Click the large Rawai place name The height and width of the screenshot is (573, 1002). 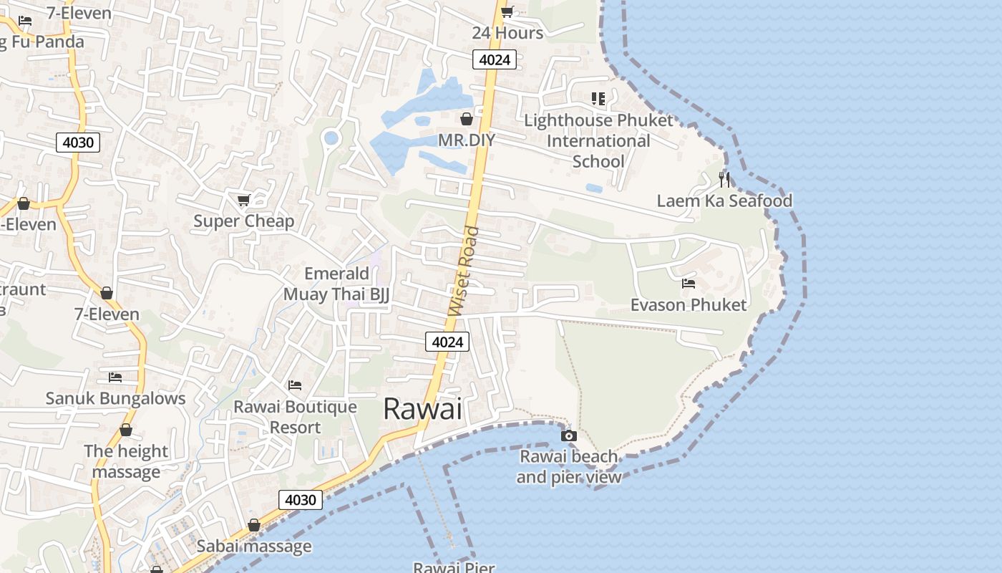422,409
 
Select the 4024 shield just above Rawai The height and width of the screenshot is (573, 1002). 447,342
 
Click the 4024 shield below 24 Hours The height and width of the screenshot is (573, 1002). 495,59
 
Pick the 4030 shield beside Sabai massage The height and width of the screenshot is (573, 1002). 300,500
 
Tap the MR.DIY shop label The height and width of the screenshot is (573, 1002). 467,140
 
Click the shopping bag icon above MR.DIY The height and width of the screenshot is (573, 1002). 467,119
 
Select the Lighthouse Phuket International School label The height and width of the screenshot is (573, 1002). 598,140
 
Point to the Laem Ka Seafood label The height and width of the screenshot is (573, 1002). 724,201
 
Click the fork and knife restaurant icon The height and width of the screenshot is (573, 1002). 724,179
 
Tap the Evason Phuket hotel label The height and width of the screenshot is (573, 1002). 688,305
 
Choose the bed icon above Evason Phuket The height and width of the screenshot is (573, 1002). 688,284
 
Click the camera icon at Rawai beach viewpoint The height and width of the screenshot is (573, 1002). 568,435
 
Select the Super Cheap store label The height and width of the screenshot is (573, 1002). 243,221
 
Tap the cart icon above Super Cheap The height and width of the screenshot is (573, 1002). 243,200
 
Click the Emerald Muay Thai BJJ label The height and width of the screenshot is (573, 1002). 336,284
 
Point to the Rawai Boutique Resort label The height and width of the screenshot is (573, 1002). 295,417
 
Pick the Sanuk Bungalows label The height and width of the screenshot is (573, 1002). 115,398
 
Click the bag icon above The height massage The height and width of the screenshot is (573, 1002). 126,430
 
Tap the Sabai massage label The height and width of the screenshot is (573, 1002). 254,546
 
